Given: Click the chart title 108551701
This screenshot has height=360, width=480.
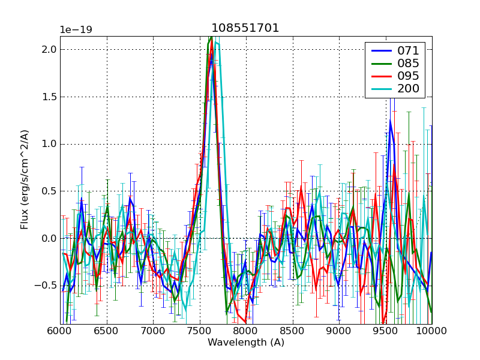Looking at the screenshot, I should pyautogui.click(x=245, y=28).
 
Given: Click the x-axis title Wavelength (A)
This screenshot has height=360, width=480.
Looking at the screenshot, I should pyautogui.click(x=246, y=343).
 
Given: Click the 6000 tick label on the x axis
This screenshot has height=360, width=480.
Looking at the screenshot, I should pyautogui.click(x=60, y=332).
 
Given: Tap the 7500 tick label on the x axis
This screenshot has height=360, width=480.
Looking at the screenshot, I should pyautogui.click(x=199, y=332).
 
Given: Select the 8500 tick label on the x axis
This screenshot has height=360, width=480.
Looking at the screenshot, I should pyautogui.click(x=292, y=332).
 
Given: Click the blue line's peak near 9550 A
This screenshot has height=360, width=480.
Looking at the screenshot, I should pyautogui.click(x=390, y=121).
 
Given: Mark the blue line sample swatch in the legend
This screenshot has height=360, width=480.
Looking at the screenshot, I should pyautogui.click(x=380, y=51).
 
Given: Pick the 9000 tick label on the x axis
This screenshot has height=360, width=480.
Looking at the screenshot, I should pyautogui.click(x=339, y=332).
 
